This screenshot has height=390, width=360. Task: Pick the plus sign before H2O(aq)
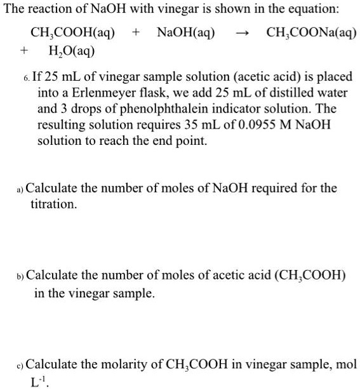pos(24,50)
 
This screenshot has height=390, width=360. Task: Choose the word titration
pos(54,205)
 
